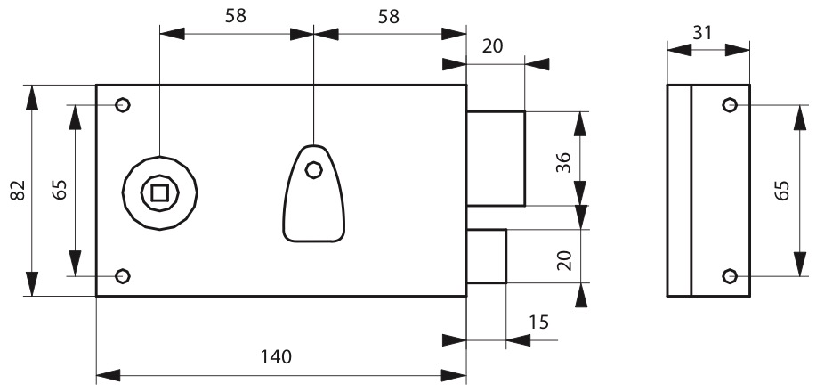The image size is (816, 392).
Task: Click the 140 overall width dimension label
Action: (x=276, y=357)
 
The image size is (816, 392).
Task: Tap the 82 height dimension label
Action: (x=18, y=191)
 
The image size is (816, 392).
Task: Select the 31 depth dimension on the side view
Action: (x=702, y=33)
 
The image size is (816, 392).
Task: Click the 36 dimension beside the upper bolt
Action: (x=563, y=163)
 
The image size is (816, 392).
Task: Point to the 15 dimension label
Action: (x=539, y=323)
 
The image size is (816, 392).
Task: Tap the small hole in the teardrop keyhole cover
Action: (x=313, y=170)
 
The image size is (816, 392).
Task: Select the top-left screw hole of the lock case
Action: (x=122, y=105)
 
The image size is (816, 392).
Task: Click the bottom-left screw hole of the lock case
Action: (x=122, y=276)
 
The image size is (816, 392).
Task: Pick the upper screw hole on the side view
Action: (x=730, y=105)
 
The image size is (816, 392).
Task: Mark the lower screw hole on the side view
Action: (x=730, y=276)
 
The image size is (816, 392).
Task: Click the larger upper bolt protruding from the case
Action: (x=496, y=159)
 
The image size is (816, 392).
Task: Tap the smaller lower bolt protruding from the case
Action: (x=487, y=256)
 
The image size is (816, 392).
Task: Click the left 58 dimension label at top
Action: (x=236, y=16)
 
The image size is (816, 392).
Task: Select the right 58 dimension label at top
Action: (x=389, y=17)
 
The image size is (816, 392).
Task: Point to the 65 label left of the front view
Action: (x=60, y=190)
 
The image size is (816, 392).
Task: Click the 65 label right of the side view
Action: (x=781, y=191)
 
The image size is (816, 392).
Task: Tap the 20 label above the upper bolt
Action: (x=493, y=46)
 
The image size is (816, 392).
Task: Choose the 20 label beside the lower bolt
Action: (x=564, y=260)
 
